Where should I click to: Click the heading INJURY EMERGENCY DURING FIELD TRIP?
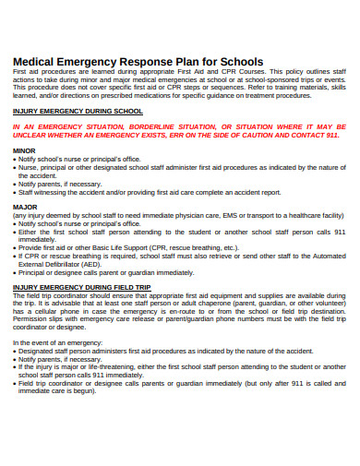(81, 287)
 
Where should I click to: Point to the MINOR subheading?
(25, 149)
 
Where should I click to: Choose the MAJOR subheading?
(25, 207)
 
